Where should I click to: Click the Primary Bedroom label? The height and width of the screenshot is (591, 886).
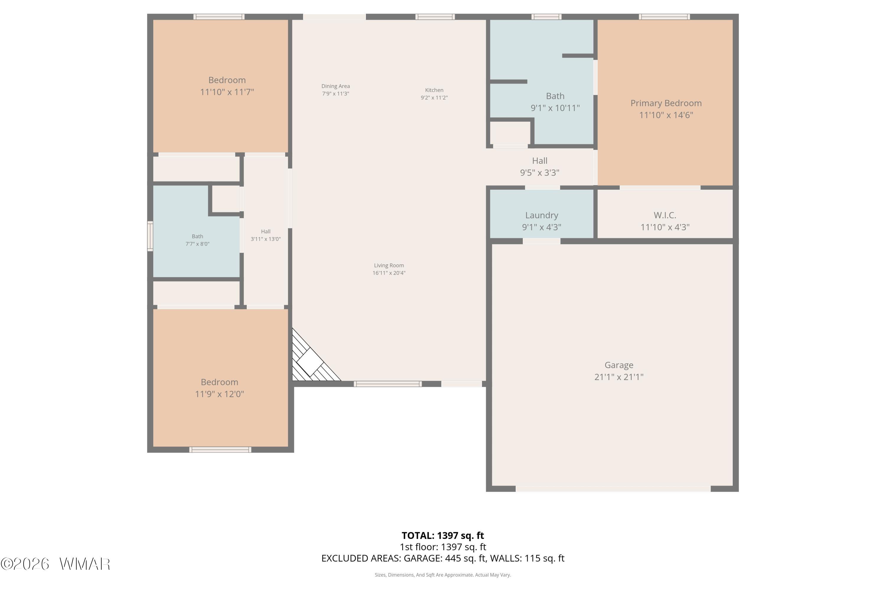coord(666,103)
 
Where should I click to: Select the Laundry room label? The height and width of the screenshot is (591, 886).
coord(542,215)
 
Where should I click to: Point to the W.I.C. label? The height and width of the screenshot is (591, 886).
coord(665,215)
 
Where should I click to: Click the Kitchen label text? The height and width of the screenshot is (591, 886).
coord(434,90)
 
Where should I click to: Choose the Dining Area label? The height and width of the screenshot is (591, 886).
coord(335,86)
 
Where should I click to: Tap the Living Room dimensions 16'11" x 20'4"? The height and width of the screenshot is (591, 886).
coord(389,273)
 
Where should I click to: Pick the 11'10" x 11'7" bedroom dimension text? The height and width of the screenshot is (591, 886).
coord(227,92)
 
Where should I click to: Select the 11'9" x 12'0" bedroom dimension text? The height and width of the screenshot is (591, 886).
coord(219,394)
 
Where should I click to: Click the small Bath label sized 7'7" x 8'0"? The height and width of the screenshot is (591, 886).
coord(197,236)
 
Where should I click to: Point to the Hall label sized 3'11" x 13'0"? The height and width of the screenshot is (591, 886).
coord(266,231)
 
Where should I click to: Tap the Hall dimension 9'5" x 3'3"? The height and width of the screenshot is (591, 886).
coord(540,173)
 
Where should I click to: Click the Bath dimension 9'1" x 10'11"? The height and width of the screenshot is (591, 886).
coord(555,108)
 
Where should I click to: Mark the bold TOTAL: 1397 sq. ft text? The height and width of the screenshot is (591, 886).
coord(443,535)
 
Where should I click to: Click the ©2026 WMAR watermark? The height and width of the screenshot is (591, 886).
coord(56,564)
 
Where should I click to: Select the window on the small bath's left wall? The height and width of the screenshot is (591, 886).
coord(150,236)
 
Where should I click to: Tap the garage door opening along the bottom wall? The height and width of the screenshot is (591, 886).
coord(613,489)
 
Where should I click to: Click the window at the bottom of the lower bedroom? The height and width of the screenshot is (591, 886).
coord(220,450)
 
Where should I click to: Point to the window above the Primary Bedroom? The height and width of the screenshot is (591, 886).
coord(664,17)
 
